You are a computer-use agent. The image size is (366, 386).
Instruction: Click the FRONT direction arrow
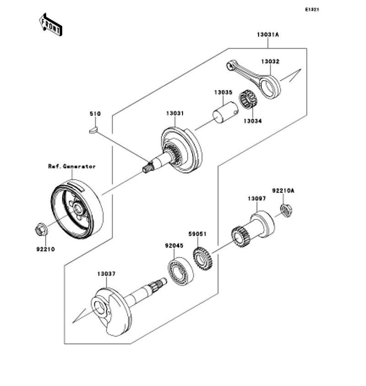click(x=51, y=25)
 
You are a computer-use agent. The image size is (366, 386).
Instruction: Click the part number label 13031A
click(x=268, y=35)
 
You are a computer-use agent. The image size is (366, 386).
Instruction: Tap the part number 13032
click(x=270, y=61)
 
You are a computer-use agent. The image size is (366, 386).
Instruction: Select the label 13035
click(x=223, y=93)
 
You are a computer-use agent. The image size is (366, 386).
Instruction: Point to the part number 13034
click(x=253, y=121)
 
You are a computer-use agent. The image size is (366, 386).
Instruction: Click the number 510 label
click(x=95, y=114)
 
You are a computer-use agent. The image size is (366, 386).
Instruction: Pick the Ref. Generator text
click(x=72, y=166)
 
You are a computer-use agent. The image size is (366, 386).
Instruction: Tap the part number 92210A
click(x=283, y=191)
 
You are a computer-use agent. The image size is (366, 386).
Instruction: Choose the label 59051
click(x=198, y=234)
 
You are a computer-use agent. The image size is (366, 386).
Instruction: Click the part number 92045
click(x=174, y=246)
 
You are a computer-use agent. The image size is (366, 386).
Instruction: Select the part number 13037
click(x=106, y=274)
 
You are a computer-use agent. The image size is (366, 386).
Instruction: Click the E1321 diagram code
click(x=312, y=10)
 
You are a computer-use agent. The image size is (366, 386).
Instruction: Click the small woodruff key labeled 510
click(x=94, y=130)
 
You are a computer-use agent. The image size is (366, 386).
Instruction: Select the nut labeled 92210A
click(x=286, y=210)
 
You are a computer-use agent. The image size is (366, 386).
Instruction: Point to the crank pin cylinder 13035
click(x=225, y=112)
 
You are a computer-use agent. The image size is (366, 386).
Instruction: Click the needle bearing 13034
click(x=248, y=99)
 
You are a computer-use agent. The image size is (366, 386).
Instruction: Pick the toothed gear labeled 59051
click(x=203, y=259)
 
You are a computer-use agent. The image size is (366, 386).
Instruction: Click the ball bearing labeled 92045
click(x=181, y=271)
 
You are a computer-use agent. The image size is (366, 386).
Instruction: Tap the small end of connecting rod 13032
click(x=230, y=66)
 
